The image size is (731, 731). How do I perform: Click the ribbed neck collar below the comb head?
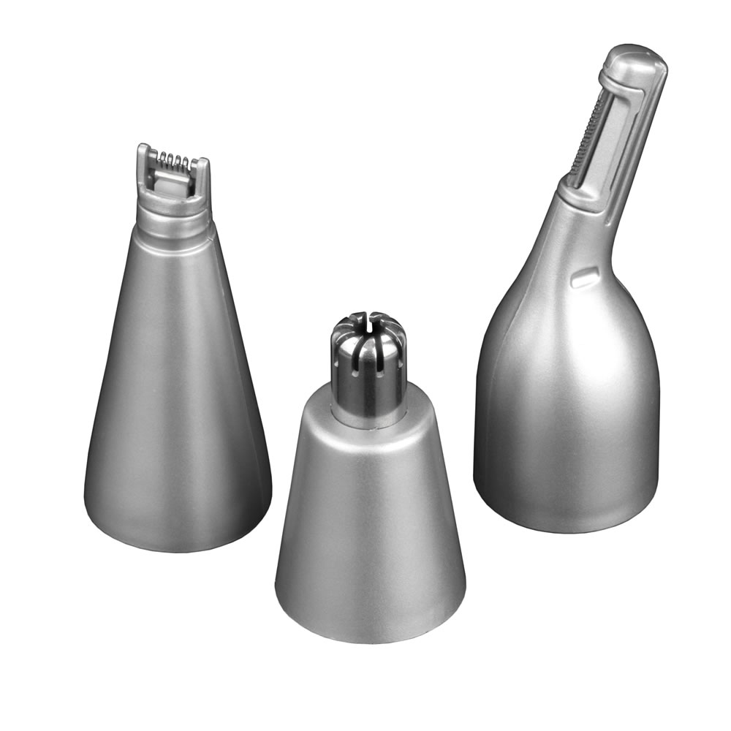click(174, 218)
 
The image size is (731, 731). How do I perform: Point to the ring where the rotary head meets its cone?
click(370, 418)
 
